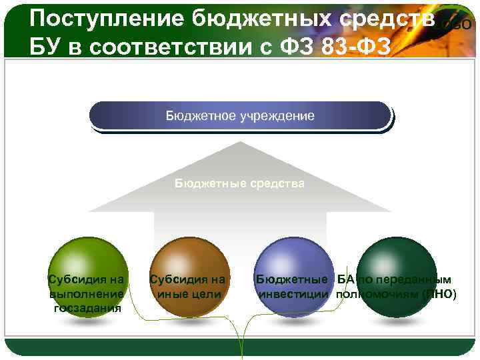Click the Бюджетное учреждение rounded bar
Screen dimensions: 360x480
pyautogui.click(x=240, y=116)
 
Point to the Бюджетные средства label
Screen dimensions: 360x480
pyautogui.click(x=240, y=183)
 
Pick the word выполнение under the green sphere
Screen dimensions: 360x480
pyautogui.click(x=86, y=294)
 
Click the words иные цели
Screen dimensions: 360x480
pyautogui.click(x=188, y=294)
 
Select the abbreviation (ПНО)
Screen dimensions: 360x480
pyautogui.click(x=440, y=294)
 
